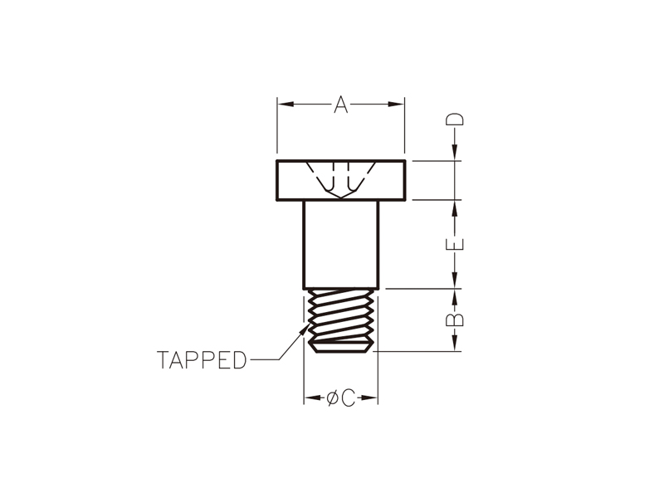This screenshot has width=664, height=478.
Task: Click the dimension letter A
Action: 341,105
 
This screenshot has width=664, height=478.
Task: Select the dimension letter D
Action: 455,119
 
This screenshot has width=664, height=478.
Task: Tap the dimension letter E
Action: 455,244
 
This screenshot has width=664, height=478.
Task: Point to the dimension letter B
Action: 455,319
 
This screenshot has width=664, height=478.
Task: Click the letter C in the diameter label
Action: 348,398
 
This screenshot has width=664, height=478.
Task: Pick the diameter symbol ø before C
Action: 333,398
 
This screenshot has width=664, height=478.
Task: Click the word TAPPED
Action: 202,360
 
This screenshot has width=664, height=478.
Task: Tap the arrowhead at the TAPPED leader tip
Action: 303,329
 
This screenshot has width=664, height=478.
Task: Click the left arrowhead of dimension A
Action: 286,105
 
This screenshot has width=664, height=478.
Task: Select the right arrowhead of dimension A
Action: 397,105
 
